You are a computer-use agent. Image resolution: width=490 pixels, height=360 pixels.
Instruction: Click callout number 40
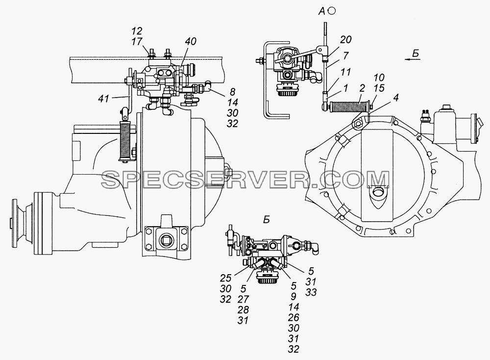(190, 42)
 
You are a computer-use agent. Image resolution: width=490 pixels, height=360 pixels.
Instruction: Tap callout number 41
(103, 99)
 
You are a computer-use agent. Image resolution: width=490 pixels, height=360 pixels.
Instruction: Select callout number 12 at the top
(137, 31)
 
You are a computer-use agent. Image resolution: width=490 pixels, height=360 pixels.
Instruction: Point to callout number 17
(137, 42)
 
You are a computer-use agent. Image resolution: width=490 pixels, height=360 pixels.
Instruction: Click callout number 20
(345, 40)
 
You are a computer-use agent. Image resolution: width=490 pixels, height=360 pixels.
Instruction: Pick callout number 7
(345, 56)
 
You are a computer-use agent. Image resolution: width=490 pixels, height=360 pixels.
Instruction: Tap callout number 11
(345, 72)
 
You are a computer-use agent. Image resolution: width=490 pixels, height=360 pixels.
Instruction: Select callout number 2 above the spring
(362, 88)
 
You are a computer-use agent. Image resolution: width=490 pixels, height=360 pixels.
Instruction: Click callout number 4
(396, 98)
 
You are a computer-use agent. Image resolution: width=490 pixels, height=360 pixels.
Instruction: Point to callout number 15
(379, 88)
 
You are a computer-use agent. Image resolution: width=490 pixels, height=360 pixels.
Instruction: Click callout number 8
(232, 92)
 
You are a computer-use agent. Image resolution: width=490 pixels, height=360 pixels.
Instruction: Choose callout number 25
(225, 278)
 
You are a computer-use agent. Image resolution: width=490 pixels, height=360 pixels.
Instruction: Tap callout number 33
(311, 292)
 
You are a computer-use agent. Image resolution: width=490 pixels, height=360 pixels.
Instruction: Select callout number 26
(294, 317)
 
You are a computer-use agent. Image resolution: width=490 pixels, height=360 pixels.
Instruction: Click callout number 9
(294, 296)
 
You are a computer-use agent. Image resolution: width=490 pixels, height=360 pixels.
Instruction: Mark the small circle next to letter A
(332, 11)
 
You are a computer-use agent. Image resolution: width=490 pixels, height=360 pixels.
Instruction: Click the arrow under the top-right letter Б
(413, 58)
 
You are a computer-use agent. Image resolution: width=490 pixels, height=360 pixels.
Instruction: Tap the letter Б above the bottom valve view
(266, 220)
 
